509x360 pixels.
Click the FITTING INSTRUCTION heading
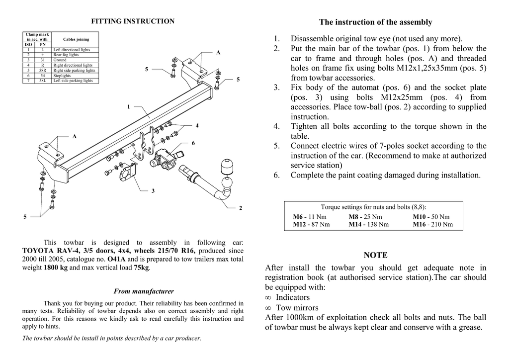(133, 21)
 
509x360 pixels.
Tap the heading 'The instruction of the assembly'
(375, 22)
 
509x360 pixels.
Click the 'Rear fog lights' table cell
(66, 55)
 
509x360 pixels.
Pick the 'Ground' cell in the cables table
(60, 60)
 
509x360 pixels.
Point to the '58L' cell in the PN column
(43, 81)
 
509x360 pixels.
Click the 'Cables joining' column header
(76, 39)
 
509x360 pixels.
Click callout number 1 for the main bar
(128, 106)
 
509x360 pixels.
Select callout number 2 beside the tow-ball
(241, 208)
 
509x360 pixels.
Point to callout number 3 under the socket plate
(153, 191)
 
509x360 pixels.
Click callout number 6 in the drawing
(193, 143)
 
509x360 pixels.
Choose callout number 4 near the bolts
(197, 125)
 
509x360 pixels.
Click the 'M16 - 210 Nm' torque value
(432, 224)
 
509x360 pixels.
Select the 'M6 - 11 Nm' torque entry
(309, 217)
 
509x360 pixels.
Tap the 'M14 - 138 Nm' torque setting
(368, 224)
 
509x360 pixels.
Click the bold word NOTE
(375, 255)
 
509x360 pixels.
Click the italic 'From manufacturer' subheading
(144, 291)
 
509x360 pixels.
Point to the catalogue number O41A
(116, 259)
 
